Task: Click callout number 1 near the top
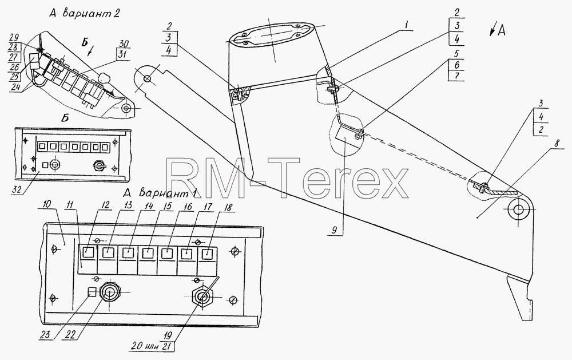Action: (407, 25)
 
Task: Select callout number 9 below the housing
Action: (334, 230)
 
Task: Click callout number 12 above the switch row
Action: (105, 205)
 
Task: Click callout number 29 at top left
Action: (13, 38)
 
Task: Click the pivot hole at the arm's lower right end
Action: (518, 209)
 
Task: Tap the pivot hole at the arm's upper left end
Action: (147, 78)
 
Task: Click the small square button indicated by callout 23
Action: (93, 292)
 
